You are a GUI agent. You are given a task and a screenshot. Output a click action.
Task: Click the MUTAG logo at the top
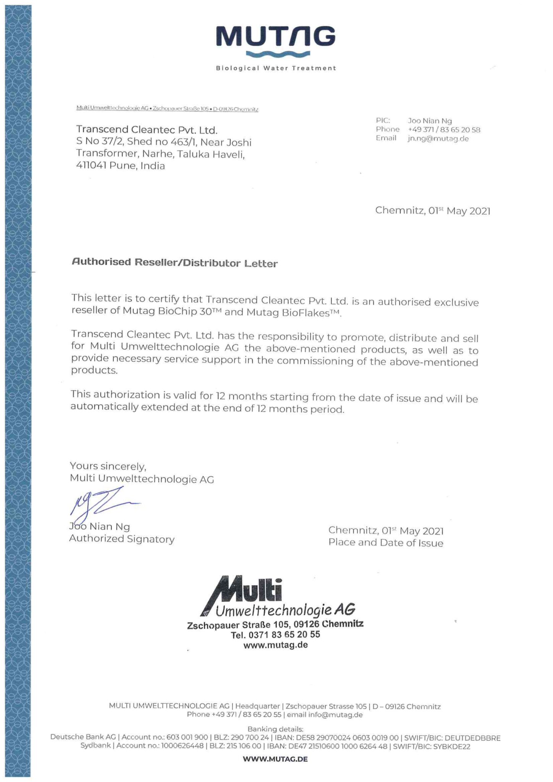coord(276,38)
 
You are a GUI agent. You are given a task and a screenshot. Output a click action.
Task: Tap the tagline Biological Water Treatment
coord(276,68)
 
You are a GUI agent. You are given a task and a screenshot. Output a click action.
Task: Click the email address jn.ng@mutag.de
coord(438,139)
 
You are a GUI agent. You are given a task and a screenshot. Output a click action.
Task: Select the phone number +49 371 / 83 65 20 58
coord(444,130)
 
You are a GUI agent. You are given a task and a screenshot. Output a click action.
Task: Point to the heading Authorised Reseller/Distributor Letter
coord(175,263)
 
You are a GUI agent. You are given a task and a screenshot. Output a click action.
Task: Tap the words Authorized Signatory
coord(121,539)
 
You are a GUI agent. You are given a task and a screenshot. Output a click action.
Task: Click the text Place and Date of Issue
coord(385,543)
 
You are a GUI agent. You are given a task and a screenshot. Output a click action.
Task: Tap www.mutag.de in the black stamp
coord(275,645)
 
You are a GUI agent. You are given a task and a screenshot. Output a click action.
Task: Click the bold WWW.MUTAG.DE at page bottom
coord(275,759)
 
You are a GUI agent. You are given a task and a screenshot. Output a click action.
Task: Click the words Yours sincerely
coord(108,466)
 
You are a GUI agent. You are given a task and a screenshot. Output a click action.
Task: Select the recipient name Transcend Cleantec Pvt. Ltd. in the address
coord(147,130)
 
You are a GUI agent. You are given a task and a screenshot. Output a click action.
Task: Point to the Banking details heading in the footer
coord(275,729)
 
